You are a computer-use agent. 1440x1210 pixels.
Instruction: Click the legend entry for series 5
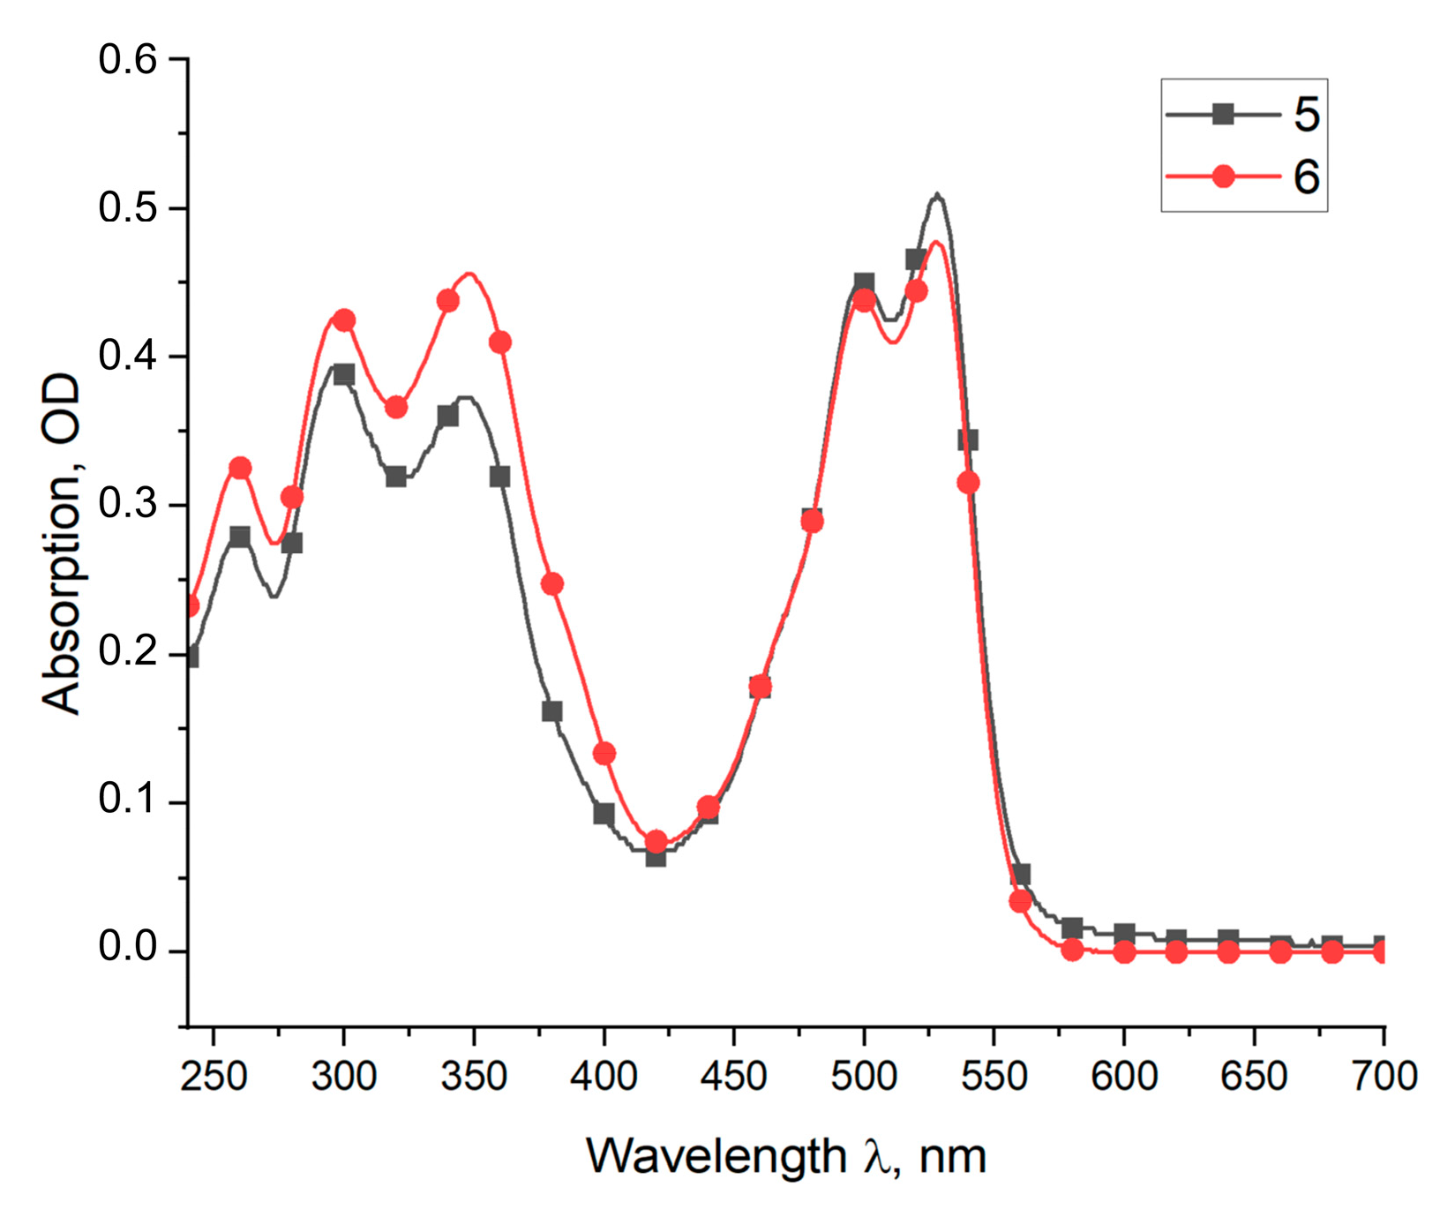click(x=1244, y=115)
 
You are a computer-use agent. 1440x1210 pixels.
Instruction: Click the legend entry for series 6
click(x=1244, y=177)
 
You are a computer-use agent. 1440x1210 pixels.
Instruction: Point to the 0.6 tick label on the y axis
click(x=127, y=60)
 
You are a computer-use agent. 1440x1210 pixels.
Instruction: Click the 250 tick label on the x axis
click(x=214, y=1076)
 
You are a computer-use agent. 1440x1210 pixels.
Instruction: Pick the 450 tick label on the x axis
click(x=733, y=1076)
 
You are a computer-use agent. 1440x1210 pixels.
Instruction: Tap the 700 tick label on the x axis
click(x=1384, y=1076)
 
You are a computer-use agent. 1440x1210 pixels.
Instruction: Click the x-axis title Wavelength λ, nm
click(x=785, y=1156)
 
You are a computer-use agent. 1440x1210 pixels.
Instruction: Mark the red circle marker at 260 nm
click(x=240, y=468)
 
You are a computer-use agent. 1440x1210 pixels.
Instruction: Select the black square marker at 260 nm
click(x=240, y=537)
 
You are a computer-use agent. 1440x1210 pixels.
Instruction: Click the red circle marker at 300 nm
click(x=344, y=319)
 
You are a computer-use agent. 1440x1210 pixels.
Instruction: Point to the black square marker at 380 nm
click(x=551, y=711)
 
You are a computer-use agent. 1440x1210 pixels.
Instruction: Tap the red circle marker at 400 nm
click(x=604, y=754)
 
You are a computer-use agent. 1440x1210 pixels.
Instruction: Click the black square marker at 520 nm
click(x=916, y=259)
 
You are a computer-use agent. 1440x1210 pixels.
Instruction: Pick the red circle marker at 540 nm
click(x=968, y=483)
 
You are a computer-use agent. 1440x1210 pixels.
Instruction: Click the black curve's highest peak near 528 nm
click(x=937, y=195)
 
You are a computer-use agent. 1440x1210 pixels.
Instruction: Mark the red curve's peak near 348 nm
click(x=470, y=274)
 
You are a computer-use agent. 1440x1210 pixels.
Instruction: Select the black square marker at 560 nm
click(x=1020, y=875)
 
